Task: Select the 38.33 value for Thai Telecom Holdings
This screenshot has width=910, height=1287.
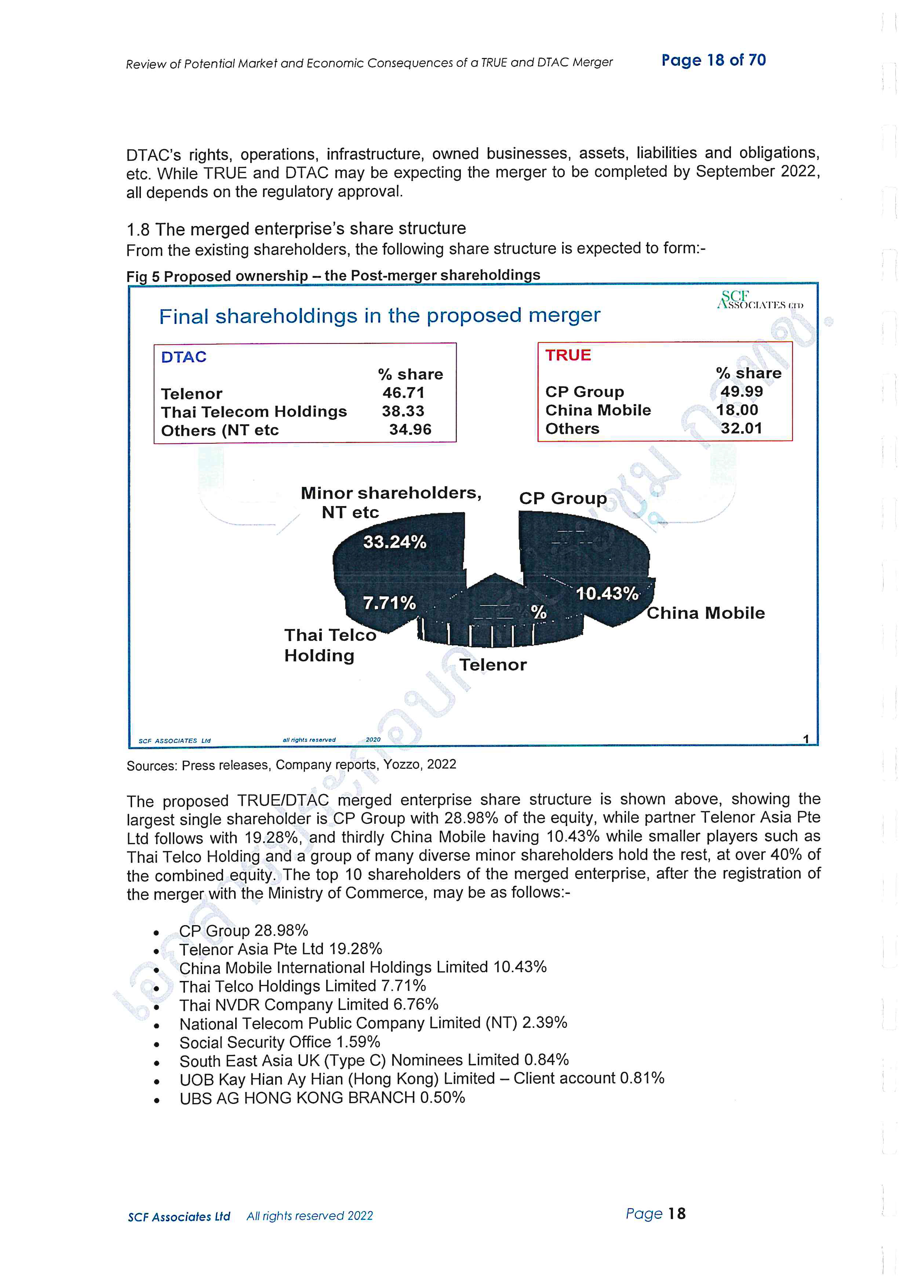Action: pyautogui.click(x=403, y=411)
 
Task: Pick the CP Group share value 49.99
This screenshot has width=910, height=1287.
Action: pyautogui.click(x=741, y=391)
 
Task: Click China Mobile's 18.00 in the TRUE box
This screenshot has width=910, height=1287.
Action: pyautogui.click(x=737, y=410)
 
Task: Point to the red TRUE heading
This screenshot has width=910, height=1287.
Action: pyautogui.click(x=568, y=355)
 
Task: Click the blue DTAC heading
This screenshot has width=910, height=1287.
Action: pyautogui.click(x=184, y=357)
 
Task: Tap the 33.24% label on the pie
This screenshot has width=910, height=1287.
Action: pyautogui.click(x=394, y=542)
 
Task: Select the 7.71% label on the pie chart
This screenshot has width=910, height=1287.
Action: pyautogui.click(x=389, y=603)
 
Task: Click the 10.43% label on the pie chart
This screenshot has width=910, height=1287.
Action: pyautogui.click(x=607, y=594)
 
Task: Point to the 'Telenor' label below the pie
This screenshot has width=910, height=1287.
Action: pyautogui.click(x=492, y=665)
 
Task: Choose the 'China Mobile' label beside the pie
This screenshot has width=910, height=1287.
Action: pyautogui.click(x=706, y=613)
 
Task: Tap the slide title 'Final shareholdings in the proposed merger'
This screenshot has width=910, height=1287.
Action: pyautogui.click(x=379, y=316)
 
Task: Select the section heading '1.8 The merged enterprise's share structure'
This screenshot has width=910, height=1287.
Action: pyautogui.click(x=296, y=229)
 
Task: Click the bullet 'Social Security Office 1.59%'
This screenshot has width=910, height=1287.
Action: pyautogui.click(x=280, y=1042)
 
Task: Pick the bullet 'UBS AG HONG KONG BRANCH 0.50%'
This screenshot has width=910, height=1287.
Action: pyautogui.click(x=322, y=1098)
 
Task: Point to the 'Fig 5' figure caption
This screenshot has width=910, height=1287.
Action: pyautogui.click(x=333, y=276)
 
